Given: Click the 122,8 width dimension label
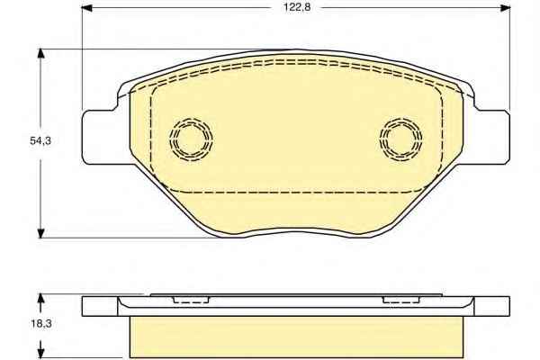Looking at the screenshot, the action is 297,7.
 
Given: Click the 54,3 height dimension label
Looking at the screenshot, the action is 40,140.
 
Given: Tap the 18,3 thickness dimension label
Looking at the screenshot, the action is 40,324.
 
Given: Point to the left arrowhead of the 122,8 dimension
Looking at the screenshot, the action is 86,7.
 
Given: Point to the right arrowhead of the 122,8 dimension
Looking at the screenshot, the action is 505,7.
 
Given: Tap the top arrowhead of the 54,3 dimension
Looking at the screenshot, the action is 41,54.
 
